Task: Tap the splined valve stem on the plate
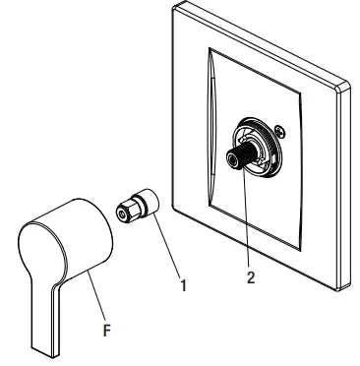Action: (240, 155)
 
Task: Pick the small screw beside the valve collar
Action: (281, 131)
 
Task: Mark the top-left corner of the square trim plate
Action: (173, 9)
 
